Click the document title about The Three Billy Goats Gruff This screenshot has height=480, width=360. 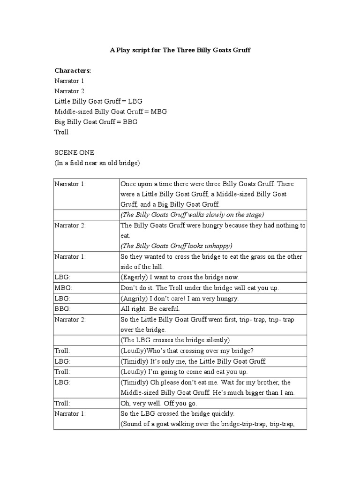point(180,50)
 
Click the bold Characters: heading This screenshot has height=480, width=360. point(73,70)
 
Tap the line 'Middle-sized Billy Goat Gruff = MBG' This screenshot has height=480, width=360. point(111,112)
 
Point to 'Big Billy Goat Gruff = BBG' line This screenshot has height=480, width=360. point(96,122)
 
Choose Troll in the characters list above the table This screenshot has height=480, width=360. point(61,132)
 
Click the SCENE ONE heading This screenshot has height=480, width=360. point(75,153)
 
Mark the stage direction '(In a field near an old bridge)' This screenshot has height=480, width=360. point(97,163)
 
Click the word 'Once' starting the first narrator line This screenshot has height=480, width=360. point(128,184)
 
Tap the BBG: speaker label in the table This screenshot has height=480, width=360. point(62,309)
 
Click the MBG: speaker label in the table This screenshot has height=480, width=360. point(63,287)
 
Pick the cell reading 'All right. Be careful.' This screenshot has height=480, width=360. point(150,309)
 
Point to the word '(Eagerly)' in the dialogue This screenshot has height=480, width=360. point(134,277)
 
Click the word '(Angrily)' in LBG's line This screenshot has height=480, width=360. point(134,298)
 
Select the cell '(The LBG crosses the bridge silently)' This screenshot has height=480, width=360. point(175,340)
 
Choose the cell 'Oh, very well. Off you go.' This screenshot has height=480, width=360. point(159,404)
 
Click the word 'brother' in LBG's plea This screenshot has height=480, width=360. point(268,382)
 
